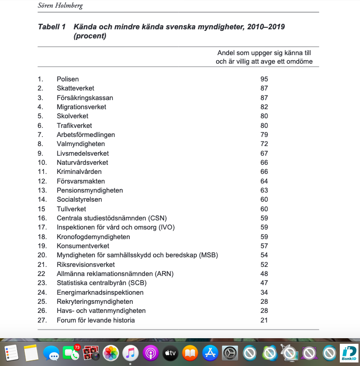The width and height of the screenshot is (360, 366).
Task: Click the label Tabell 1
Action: click(x=52, y=27)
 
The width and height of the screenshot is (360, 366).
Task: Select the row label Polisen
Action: click(x=68, y=79)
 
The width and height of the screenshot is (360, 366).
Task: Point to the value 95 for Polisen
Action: click(x=264, y=79)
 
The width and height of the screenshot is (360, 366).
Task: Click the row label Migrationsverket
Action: click(x=81, y=107)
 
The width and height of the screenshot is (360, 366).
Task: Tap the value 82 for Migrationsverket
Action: click(x=264, y=107)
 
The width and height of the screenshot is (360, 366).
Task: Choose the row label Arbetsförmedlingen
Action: click(x=86, y=135)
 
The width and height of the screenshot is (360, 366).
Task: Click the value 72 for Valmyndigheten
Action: click(x=264, y=144)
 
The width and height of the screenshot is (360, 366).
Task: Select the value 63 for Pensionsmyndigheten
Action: click(x=264, y=191)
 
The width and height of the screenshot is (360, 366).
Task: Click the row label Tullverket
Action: click(x=71, y=209)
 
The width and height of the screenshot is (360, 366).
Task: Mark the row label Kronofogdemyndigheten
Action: click(x=93, y=237)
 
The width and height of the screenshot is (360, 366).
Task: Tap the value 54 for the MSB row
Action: click(x=264, y=255)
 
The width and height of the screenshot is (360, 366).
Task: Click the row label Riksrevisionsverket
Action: click(x=86, y=264)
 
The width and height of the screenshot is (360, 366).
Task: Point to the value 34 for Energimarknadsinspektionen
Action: click(x=264, y=292)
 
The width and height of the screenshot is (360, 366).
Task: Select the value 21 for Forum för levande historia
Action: click(x=264, y=320)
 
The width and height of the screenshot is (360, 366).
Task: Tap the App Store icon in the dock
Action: click(x=210, y=352)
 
